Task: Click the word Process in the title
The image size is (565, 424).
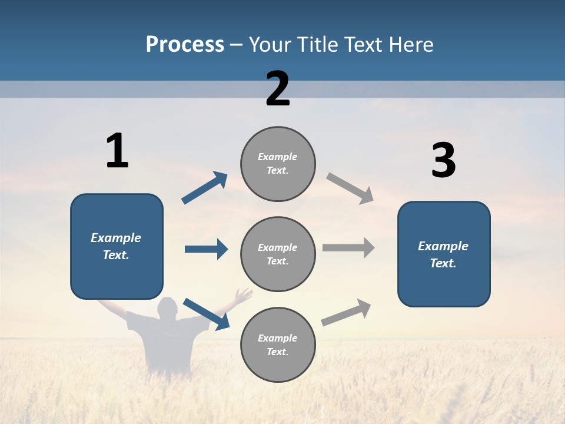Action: [x=185, y=45]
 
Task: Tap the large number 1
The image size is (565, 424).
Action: [x=117, y=151]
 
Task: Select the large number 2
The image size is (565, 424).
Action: [x=278, y=89]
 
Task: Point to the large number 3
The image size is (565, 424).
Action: [x=443, y=160]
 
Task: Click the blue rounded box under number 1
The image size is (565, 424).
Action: [x=117, y=246]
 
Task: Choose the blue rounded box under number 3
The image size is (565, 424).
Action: [x=444, y=254]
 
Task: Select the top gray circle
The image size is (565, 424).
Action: [x=278, y=164]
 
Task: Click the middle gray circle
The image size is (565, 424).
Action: [x=278, y=254]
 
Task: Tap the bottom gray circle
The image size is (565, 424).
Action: [x=278, y=344]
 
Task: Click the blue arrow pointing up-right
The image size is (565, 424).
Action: [x=205, y=188]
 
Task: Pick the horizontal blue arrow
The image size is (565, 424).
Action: [x=206, y=249]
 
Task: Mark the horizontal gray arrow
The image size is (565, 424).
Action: [x=348, y=247]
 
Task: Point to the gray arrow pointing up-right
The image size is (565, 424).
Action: [x=346, y=313]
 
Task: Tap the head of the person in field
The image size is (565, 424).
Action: [x=168, y=307]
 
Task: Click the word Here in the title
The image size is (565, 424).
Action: [x=411, y=45]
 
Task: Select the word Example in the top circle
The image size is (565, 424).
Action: [x=278, y=157]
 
